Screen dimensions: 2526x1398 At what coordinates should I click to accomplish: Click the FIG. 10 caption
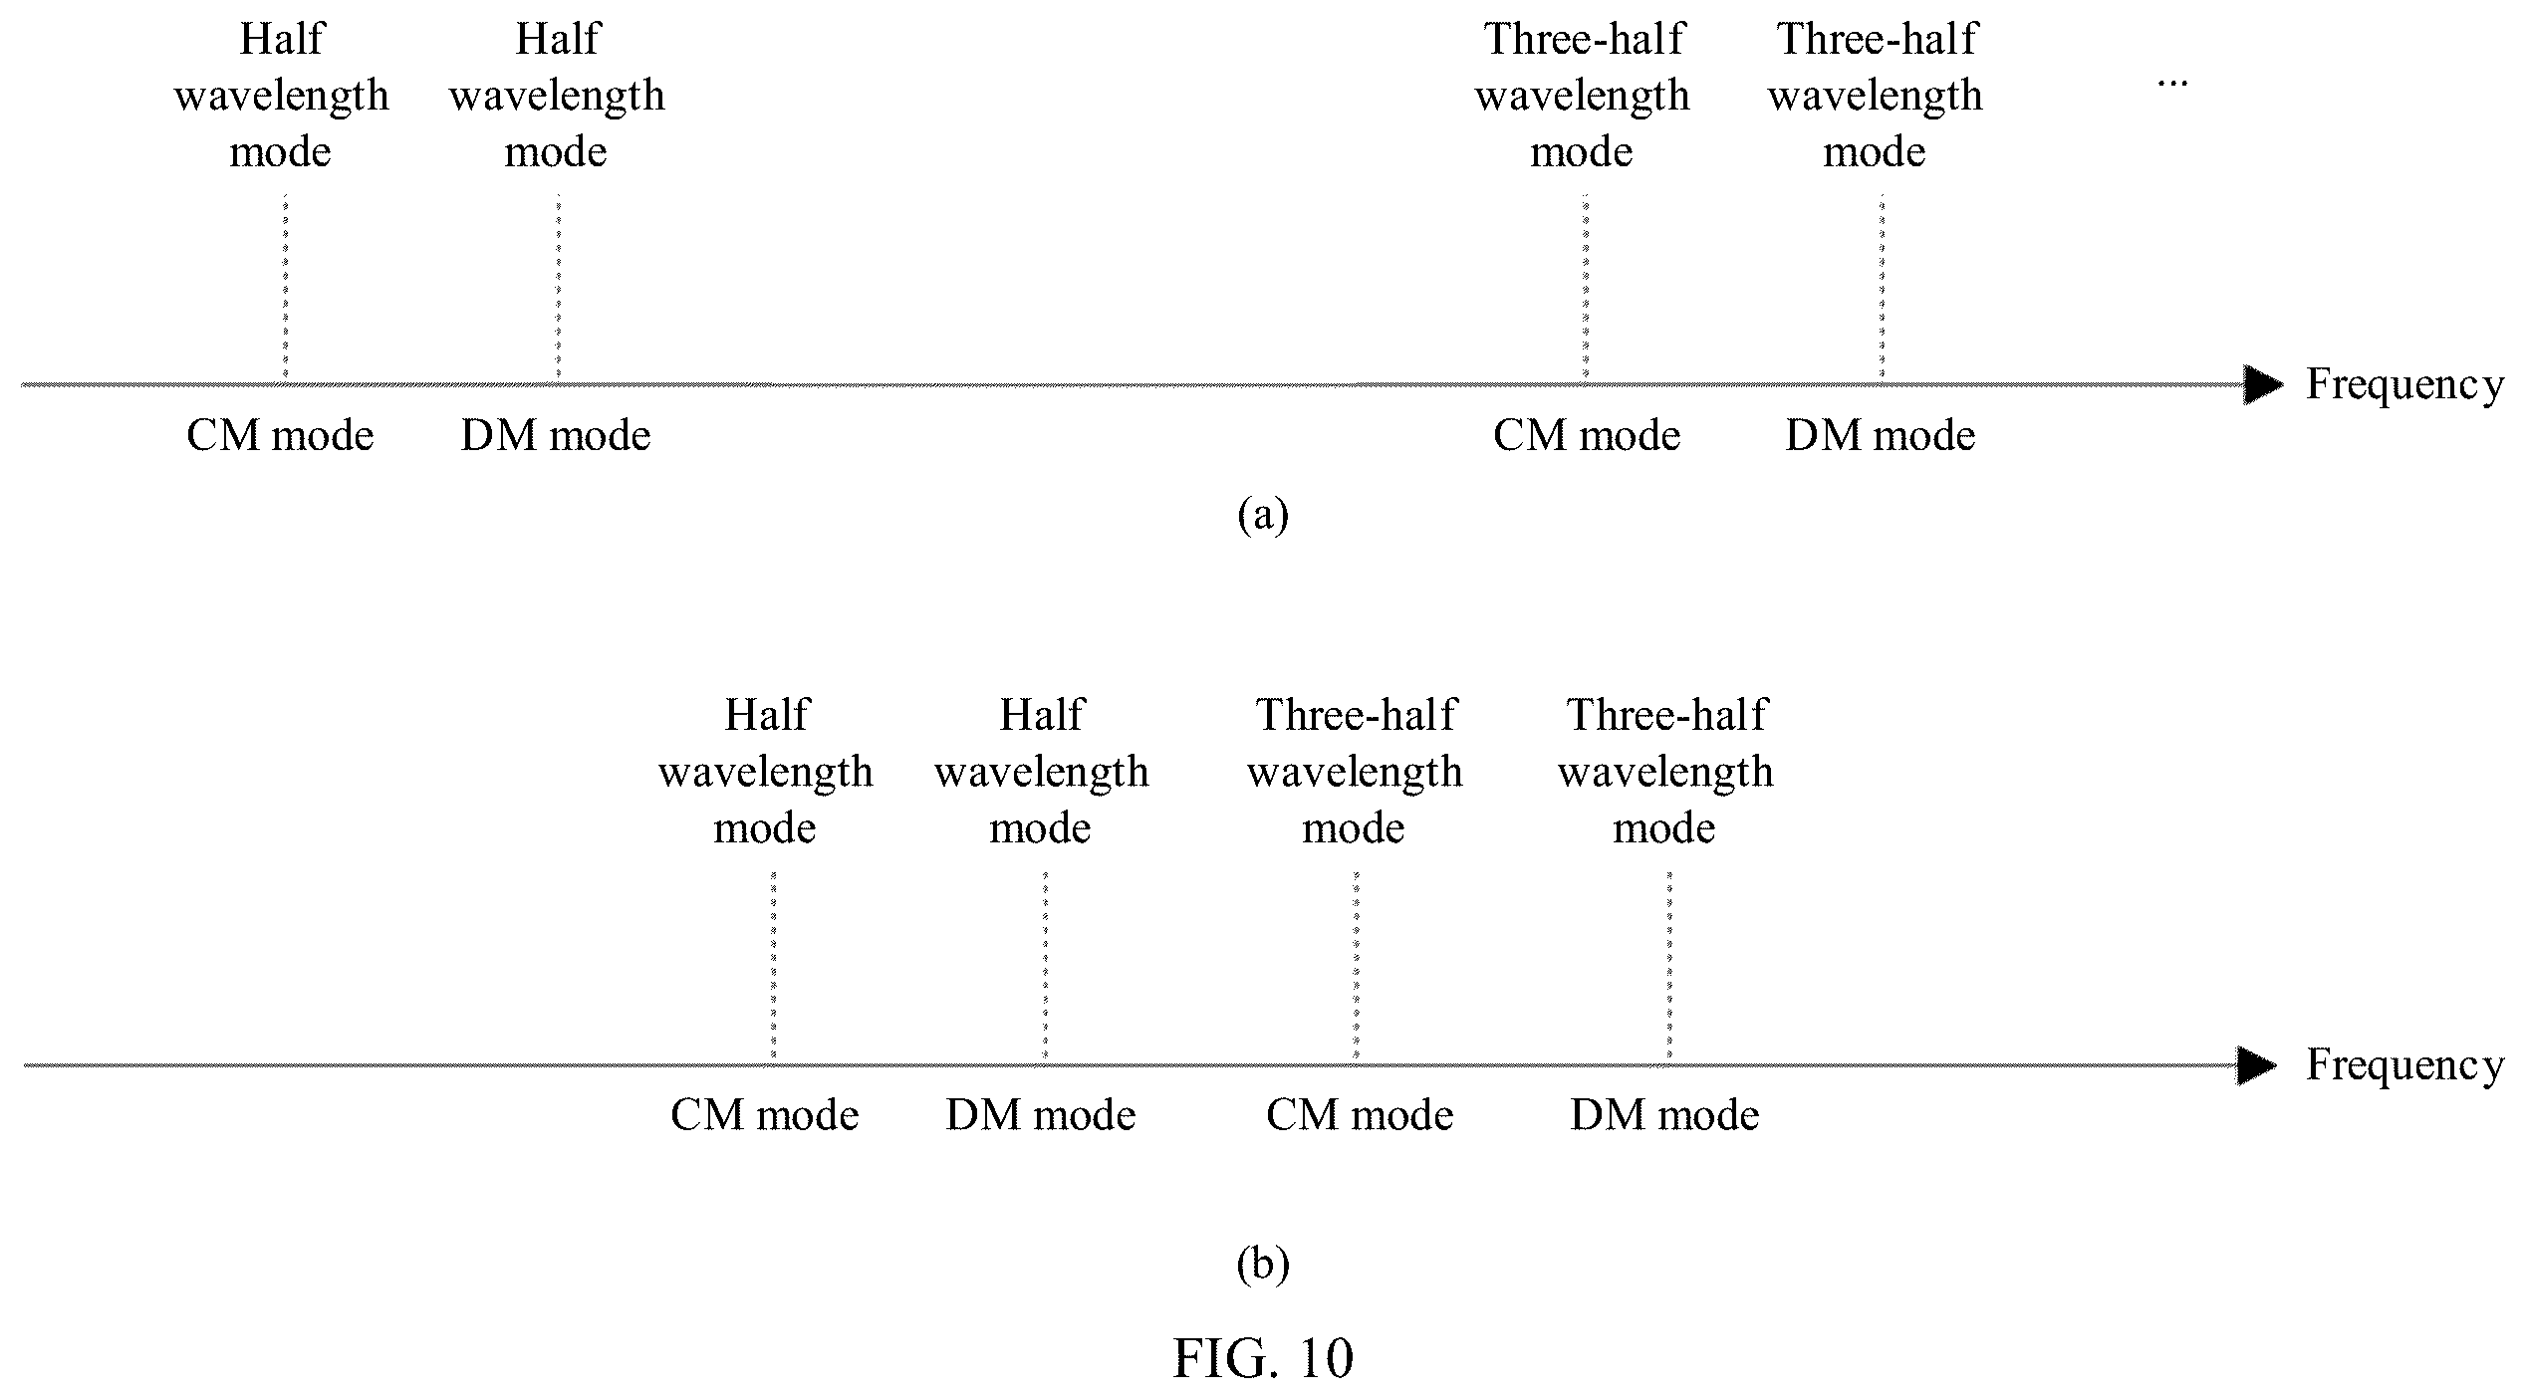click(1262, 1357)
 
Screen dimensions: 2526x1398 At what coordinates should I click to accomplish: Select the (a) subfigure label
click(1262, 516)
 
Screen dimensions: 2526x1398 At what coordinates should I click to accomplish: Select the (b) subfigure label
click(1262, 1265)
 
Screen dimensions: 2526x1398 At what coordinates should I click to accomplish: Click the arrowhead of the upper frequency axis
click(2263, 384)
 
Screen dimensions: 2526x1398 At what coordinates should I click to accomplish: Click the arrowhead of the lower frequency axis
click(2257, 1066)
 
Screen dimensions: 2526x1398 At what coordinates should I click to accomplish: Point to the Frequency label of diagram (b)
click(2404, 1066)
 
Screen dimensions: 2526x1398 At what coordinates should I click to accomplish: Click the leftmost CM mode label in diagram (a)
click(280, 436)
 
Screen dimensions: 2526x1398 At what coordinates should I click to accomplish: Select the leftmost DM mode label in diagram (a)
click(556, 436)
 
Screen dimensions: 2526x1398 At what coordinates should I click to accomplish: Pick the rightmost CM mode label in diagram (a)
click(1587, 436)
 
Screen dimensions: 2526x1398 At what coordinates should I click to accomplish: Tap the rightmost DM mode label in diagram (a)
click(1881, 436)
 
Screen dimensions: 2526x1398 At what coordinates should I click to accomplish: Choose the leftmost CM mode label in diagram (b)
click(764, 1115)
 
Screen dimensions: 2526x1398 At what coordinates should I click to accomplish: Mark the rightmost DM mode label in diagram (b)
click(1664, 1115)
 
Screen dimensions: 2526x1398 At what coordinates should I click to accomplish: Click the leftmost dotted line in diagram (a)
click(285, 289)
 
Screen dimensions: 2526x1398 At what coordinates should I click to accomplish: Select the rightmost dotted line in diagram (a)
click(1882, 289)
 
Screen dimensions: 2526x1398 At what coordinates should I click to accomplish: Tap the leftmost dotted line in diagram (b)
click(773, 968)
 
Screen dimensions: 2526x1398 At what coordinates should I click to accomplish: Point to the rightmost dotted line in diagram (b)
click(1669, 968)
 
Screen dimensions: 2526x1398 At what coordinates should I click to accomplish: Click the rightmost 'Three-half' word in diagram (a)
click(1877, 40)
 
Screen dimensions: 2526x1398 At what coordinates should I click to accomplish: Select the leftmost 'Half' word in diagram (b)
click(767, 715)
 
